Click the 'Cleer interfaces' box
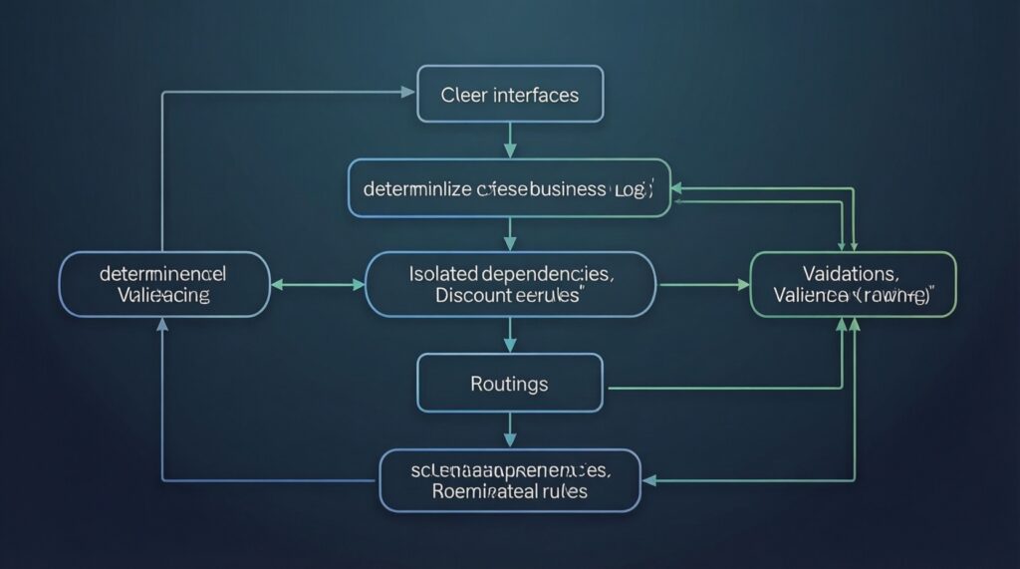(510, 95)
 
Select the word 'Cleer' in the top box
(465, 96)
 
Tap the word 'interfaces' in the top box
(535, 96)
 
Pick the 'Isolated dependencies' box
(510, 284)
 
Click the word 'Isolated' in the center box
(443, 272)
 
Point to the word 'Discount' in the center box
(474, 296)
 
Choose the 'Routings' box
(510, 384)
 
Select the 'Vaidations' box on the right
(852, 284)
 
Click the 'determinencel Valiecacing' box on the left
(163, 284)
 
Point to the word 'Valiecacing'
(163, 296)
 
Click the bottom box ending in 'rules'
(510, 479)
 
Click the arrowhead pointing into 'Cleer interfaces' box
(408, 92)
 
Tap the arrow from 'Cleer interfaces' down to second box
(510, 142)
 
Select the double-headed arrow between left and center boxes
(318, 285)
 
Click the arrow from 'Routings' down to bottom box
(510, 429)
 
